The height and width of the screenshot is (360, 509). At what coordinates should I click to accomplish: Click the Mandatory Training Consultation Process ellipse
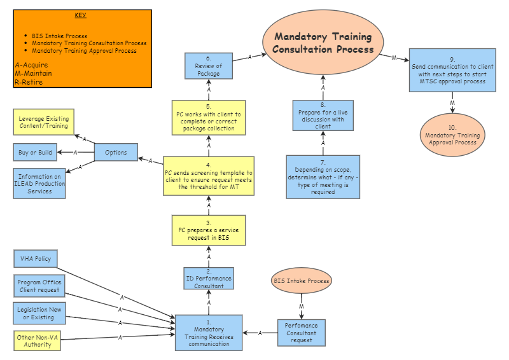pos(323,43)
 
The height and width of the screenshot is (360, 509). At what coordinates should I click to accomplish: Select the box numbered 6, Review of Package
pos(209,66)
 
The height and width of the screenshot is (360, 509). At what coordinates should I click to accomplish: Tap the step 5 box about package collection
pos(209,117)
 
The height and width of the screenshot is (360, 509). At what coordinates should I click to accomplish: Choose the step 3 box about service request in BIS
pos(209,230)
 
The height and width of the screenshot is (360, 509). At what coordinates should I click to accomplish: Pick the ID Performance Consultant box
pos(209,279)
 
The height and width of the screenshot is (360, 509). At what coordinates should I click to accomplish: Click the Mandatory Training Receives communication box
pos(209,333)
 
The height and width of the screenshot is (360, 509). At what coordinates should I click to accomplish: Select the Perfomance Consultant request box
pos(302,333)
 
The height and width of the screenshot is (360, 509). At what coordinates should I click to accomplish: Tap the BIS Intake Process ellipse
pos(302,280)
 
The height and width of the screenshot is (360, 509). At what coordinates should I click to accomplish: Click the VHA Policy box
pos(36,259)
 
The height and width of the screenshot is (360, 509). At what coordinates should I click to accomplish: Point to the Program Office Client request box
pos(39,286)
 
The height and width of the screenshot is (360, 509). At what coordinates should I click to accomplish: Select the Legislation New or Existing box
pos(39,312)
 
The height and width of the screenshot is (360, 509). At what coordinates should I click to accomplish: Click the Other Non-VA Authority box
pos(39,340)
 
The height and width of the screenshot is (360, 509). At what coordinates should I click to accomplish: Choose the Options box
pos(116,152)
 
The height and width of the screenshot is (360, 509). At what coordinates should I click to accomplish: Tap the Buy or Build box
pos(35,152)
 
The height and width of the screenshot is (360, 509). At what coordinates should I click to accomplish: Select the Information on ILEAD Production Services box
pos(39,184)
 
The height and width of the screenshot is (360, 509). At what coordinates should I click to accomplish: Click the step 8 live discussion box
pos(323,119)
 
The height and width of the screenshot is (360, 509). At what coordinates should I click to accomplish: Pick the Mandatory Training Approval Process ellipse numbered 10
pos(452,135)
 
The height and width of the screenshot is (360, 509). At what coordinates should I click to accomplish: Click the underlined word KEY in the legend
pos(81,15)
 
